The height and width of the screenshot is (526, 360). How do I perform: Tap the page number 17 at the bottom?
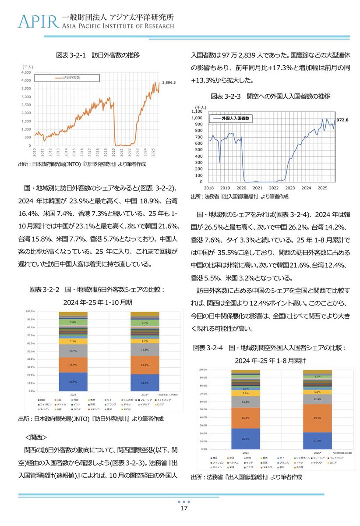click(184, 508)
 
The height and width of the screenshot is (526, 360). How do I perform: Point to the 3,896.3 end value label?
click(169, 82)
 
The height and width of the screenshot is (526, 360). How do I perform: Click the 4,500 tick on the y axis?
click(25, 72)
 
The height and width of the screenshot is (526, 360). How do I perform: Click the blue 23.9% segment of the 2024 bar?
click(73, 381)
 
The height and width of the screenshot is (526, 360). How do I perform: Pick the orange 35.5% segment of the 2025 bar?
click(318, 418)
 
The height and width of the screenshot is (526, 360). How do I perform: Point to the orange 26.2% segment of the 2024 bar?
click(246, 418)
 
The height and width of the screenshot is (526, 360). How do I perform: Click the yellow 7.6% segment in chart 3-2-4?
click(246, 393)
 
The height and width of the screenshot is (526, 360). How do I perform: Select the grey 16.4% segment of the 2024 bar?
click(73, 351)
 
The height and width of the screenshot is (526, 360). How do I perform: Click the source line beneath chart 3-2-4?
click(246, 477)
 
